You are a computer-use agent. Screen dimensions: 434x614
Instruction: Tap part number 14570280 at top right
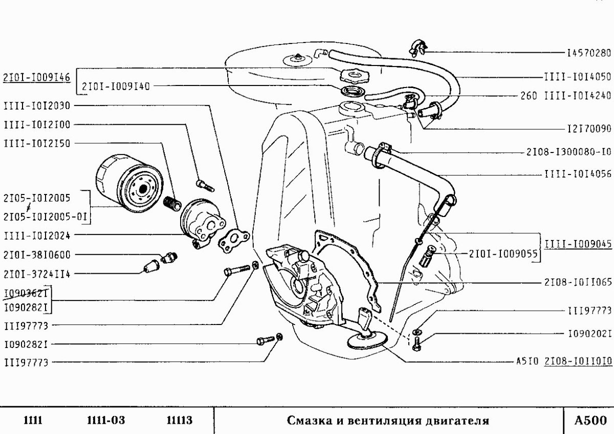[589, 53]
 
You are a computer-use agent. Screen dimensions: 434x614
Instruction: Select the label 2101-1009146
[37, 78]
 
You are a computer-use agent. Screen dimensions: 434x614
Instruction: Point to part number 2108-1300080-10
[568, 152]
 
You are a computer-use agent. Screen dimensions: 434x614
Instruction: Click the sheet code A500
[588, 421]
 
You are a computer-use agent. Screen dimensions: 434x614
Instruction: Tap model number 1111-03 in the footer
[106, 421]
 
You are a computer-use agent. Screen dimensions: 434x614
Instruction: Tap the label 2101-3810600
[37, 254]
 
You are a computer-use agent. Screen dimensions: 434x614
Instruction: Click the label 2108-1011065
[578, 282]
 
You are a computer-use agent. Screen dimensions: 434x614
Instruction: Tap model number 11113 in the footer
[179, 421]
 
